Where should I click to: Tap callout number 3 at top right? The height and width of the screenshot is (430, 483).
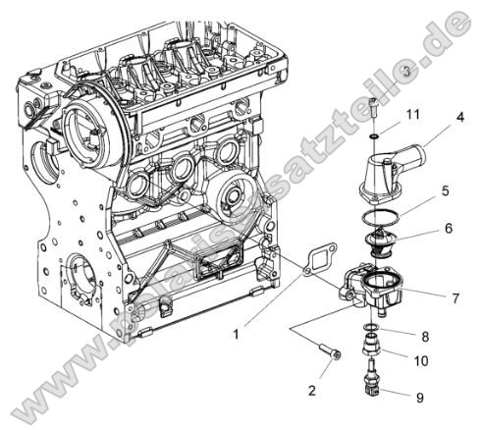[x=405, y=74]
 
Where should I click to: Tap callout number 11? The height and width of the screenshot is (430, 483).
[x=413, y=115]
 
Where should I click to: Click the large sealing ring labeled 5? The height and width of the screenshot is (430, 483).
[x=376, y=217]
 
